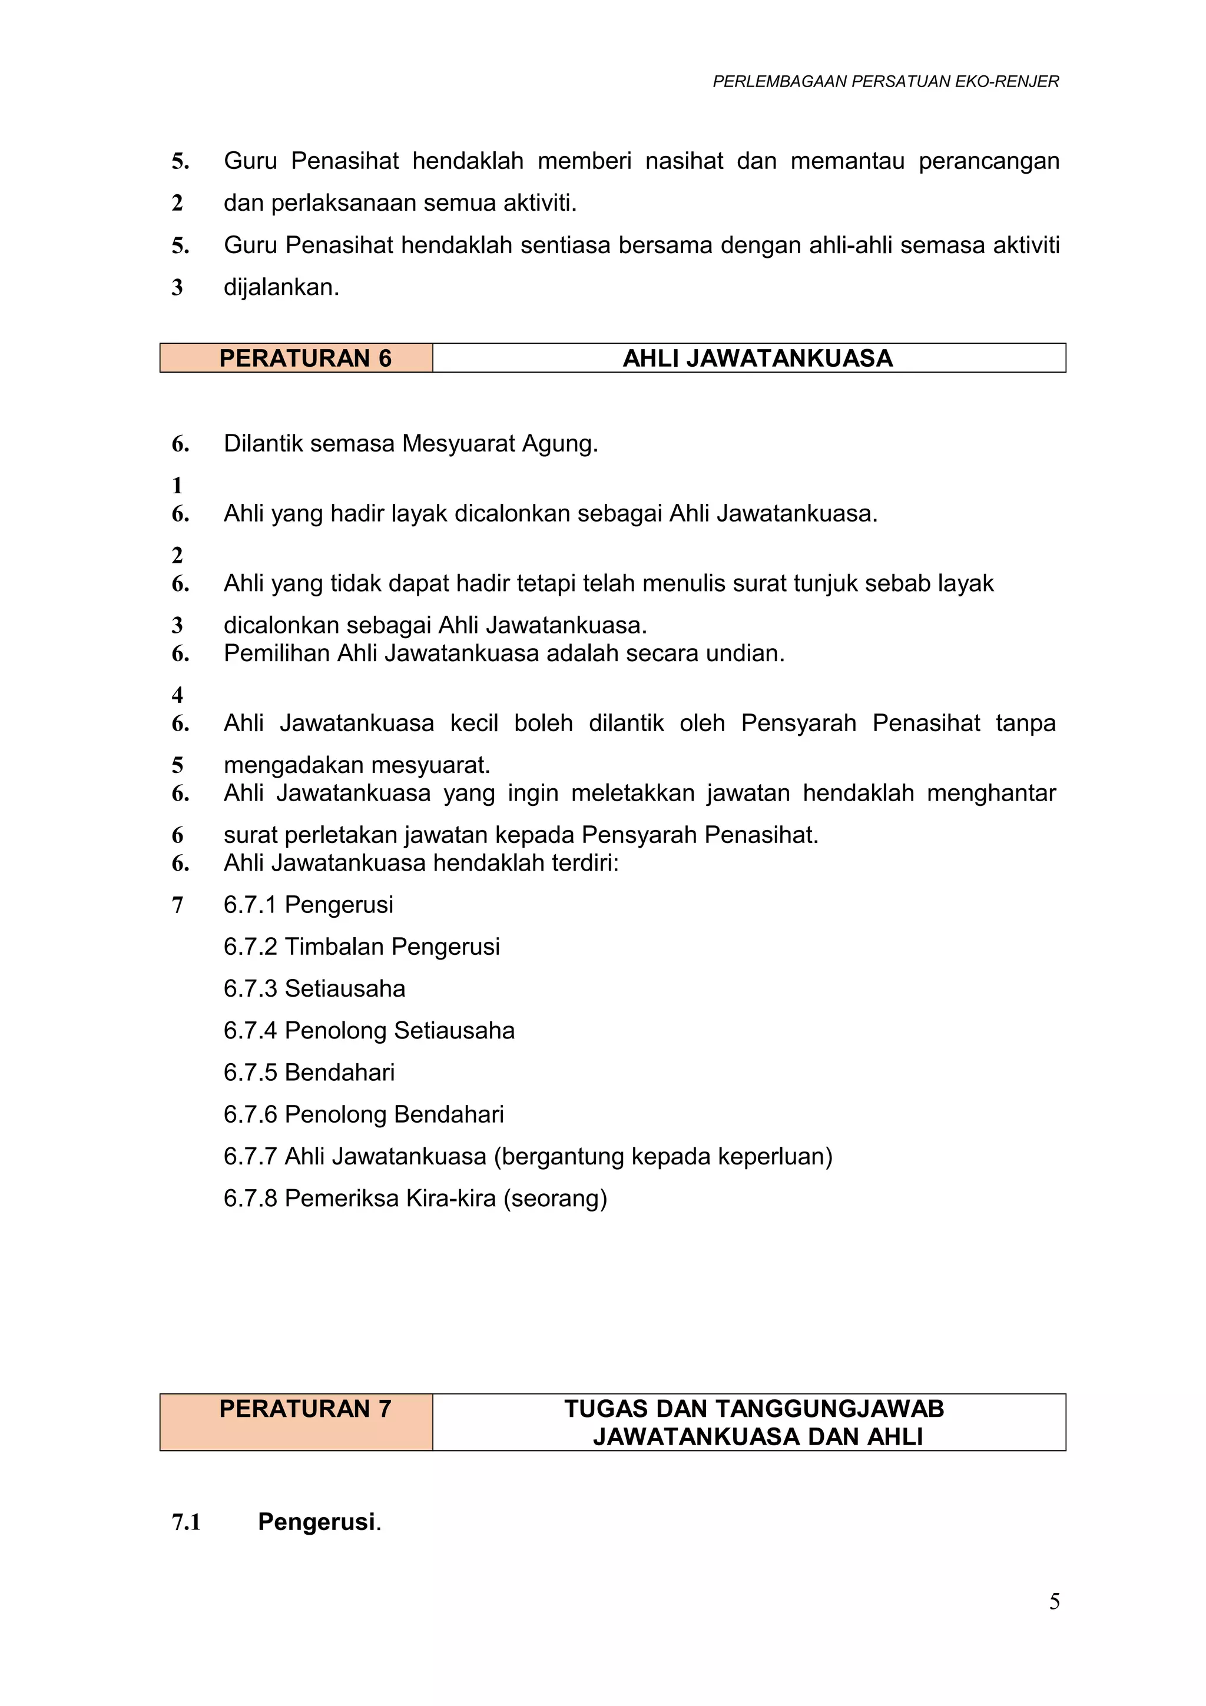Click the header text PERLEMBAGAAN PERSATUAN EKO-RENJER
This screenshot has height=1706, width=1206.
point(885,82)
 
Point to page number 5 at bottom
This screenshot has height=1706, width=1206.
point(1053,1601)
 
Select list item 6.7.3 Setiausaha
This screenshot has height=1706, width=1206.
point(314,988)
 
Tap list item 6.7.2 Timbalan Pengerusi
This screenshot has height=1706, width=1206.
point(361,947)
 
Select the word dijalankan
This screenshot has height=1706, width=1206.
point(281,287)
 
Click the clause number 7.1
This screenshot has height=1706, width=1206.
point(187,1522)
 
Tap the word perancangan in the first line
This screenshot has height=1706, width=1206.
point(988,161)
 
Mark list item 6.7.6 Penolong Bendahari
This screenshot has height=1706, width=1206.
point(363,1114)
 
